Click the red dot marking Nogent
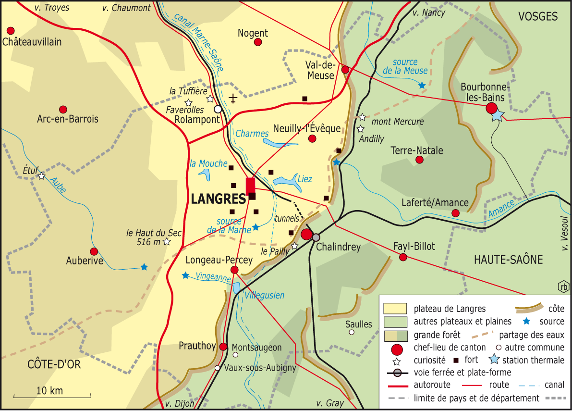click(258, 42)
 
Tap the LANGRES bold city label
click(218, 199)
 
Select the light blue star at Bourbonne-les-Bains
click(498, 115)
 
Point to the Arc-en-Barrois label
click(68, 119)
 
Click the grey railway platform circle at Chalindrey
click(316, 237)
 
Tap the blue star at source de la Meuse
click(422, 86)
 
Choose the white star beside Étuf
click(42, 176)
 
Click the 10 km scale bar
click(52, 397)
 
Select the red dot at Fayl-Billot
click(403, 257)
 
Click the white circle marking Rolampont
click(218, 109)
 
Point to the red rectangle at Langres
click(250, 186)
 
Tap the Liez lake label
click(305, 179)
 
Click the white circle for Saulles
click(352, 332)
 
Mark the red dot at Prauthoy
click(223, 347)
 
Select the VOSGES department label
click(538, 17)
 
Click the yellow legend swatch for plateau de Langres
click(395, 309)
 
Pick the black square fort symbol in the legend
click(456, 360)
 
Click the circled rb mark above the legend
click(563, 286)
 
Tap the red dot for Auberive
click(94, 251)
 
